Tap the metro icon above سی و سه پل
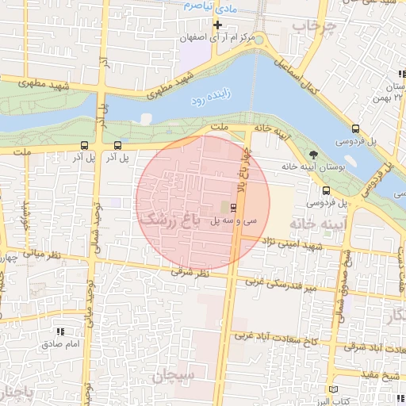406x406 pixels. coord(232,209)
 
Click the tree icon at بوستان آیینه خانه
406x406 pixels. coord(314,154)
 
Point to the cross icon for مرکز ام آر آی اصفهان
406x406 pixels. coord(217,25)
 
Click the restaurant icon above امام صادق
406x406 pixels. coord(60,331)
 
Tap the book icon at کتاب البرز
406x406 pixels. coord(334,390)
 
